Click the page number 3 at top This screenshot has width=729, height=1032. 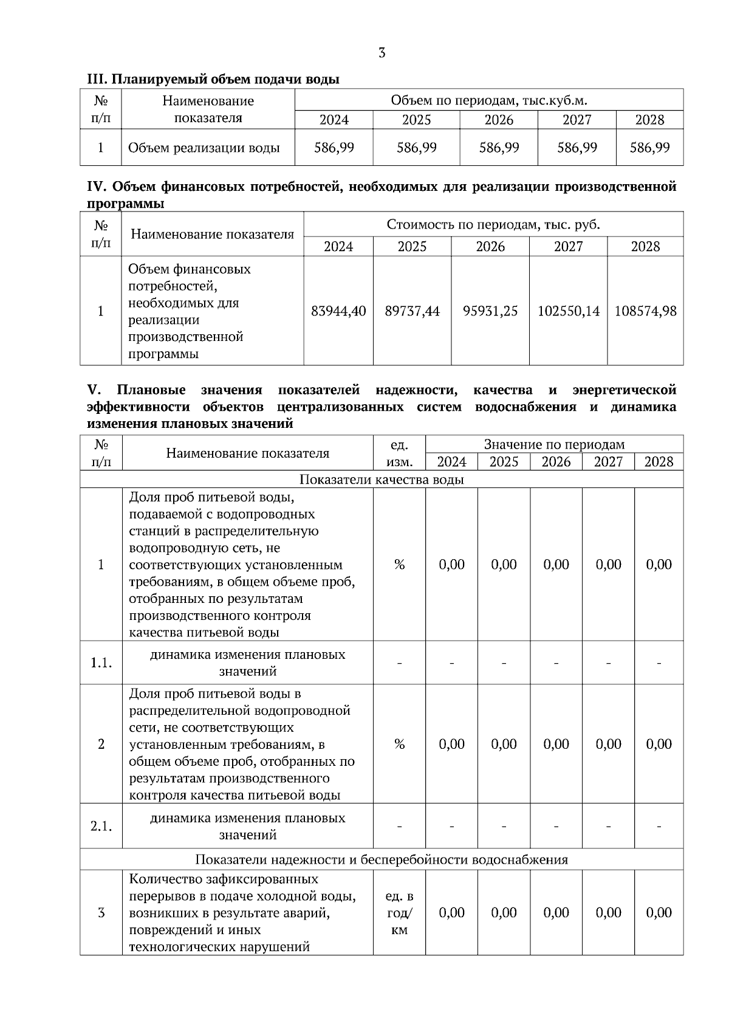[382, 53]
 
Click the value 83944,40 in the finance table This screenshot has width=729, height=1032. [338, 311]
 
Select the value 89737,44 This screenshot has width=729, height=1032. [412, 311]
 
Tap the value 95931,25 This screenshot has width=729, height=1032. [490, 311]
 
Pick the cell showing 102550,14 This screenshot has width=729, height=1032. [568, 311]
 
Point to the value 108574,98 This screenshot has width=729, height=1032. [645, 311]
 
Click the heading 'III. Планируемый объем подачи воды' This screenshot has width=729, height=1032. [213, 79]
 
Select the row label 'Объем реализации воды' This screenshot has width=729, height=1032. [204, 148]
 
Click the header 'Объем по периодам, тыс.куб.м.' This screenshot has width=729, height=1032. [488, 100]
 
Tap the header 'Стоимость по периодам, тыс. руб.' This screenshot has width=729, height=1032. [493, 225]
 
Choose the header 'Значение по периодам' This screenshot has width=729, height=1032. [553, 444]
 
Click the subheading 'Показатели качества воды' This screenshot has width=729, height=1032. [382, 480]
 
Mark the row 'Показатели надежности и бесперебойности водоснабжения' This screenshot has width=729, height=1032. [382, 859]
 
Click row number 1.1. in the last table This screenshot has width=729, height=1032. [101, 662]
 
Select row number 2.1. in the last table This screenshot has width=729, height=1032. [101, 826]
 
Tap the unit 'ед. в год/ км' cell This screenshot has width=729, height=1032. [399, 913]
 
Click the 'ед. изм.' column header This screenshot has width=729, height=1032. [399, 453]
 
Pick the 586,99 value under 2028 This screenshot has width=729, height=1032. [649, 148]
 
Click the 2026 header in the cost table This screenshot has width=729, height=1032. [490, 246]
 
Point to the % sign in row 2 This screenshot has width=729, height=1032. [399, 744]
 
